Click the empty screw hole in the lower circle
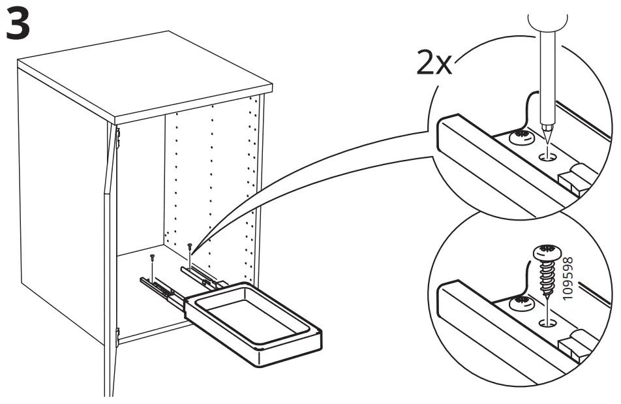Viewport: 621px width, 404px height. point(546,322)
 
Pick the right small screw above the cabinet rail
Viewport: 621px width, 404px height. point(190,247)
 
